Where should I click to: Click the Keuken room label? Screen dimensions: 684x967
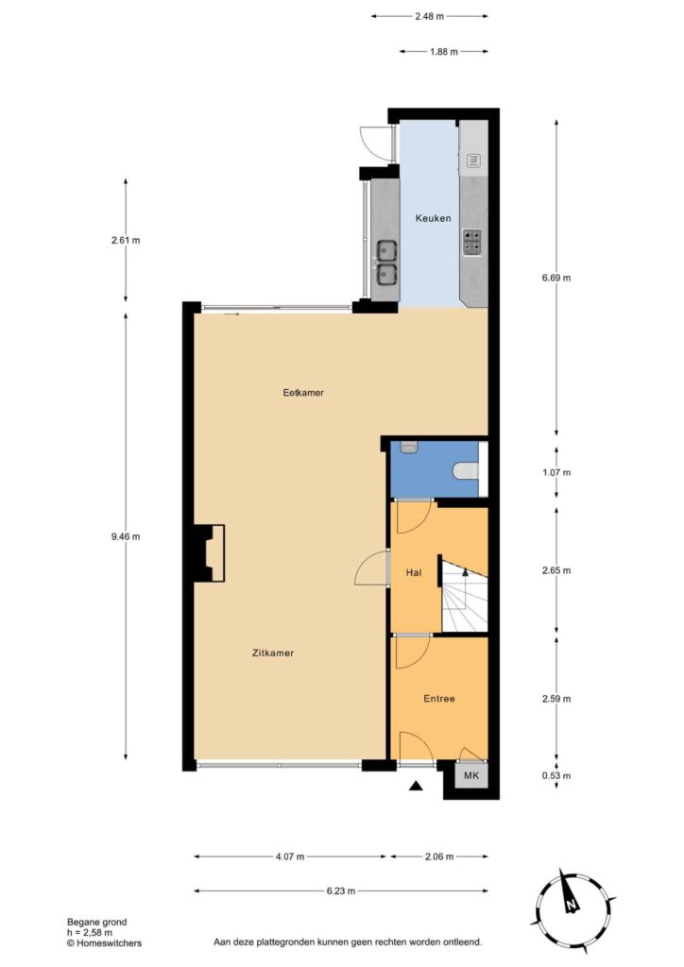click(x=433, y=218)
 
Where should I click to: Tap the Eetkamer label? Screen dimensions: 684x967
click(x=303, y=392)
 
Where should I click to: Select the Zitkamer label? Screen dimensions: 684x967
click(x=273, y=653)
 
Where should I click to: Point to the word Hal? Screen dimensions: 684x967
click(x=414, y=572)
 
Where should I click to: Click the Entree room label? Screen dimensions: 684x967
click(x=439, y=698)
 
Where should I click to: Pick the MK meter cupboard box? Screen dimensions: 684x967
click(x=471, y=775)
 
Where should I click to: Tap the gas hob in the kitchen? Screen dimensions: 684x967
click(x=472, y=243)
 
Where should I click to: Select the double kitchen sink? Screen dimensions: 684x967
click(x=386, y=263)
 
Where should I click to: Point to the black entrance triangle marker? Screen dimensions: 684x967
click(x=417, y=785)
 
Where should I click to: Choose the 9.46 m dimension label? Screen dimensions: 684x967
click(x=126, y=536)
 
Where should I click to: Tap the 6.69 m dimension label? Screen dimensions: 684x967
click(x=556, y=278)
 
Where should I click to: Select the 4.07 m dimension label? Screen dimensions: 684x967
click(x=290, y=856)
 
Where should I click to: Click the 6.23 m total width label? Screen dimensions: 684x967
click(x=341, y=891)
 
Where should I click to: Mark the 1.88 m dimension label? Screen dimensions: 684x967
click(x=443, y=52)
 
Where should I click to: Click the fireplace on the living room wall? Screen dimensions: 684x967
click(x=209, y=552)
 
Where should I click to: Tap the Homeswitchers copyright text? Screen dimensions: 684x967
click(x=104, y=943)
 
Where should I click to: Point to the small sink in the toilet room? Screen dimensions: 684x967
click(x=409, y=447)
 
